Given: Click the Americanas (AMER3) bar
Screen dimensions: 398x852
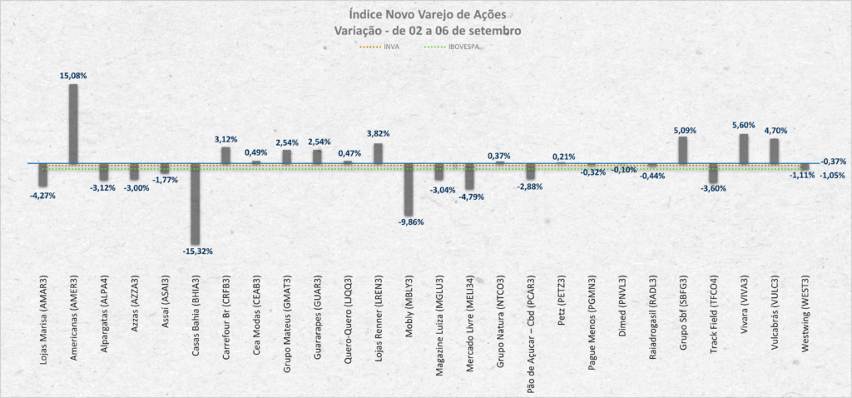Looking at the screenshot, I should click(73, 123).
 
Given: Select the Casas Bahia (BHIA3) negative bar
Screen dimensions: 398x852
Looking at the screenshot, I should click(196, 203).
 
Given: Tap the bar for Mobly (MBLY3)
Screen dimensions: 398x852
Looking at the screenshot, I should click(409, 189).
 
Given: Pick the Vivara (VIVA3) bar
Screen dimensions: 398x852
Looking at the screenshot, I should click(743, 148).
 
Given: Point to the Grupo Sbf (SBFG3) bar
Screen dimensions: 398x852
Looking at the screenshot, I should click(682, 150).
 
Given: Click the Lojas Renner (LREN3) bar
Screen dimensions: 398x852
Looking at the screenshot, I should click(378, 153).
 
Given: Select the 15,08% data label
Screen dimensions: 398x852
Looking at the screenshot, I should click(73, 76).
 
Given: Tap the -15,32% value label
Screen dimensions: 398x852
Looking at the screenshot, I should click(196, 250).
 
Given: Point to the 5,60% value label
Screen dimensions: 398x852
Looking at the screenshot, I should click(743, 125).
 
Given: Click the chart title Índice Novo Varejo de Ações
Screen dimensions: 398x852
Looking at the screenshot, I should click(425, 14).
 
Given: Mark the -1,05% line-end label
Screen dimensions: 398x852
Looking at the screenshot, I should click(832, 175).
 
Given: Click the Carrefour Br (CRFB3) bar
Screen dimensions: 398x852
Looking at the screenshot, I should click(225, 155).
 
